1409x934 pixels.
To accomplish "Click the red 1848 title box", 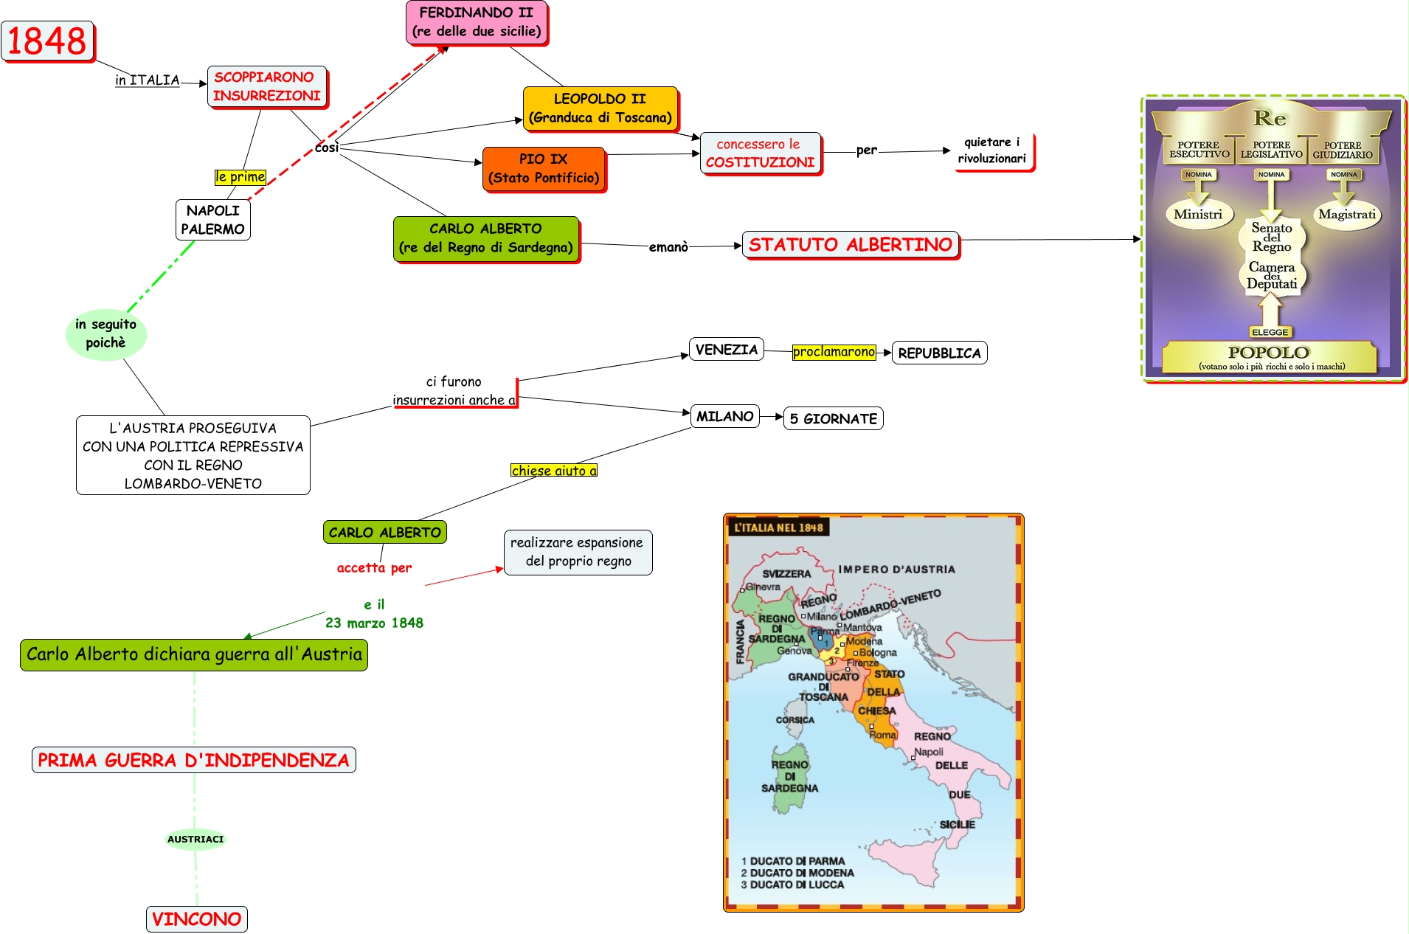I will click(x=48, y=41).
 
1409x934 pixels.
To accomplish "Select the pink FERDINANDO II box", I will click(x=477, y=22).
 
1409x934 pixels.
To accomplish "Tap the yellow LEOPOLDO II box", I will click(x=600, y=108).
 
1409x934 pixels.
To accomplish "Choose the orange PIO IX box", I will click(x=544, y=169).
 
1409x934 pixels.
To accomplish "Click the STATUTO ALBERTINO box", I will click(x=851, y=245).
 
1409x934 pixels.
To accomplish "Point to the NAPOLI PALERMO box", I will click(x=213, y=220).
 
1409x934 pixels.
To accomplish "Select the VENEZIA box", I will click(x=727, y=350).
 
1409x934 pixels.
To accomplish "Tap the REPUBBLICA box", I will click(x=939, y=353).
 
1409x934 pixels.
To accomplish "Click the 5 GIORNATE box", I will click(x=833, y=419).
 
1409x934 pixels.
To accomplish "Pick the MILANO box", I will click(x=724, y=417).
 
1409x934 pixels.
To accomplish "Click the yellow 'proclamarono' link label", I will click(x=834, y=352).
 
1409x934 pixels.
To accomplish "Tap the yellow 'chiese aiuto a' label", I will click(x=554, y=471).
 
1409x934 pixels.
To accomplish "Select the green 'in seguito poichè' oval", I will click(x=106, y=334).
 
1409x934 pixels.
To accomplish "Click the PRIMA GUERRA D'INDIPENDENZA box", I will click(x=193, y=760).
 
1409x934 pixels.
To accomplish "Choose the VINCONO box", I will click(x=196, y=919).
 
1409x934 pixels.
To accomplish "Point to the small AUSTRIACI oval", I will click(x=195, y=839).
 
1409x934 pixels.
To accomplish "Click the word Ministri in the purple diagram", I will click(x=1198, y=215).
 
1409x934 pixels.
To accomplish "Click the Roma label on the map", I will click(x=882, y=735).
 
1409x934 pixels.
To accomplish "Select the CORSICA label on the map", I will click(x=795, y=720).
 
